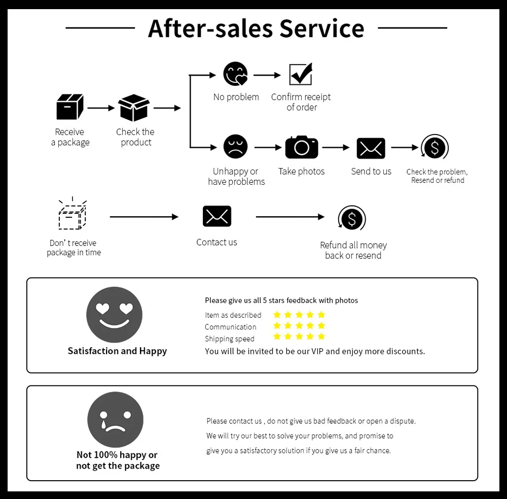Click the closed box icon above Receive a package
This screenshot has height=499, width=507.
[69, 107]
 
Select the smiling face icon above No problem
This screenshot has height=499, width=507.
[236, 75]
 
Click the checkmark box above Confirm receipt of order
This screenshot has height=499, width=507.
[301, 75]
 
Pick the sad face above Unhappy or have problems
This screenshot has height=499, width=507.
[236, 147]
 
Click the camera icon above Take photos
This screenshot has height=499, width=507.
[302, 147]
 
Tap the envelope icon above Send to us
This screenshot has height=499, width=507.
[371, 148]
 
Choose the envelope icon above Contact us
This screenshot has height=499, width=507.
[217, 216]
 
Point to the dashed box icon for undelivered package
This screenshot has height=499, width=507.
[72, 215]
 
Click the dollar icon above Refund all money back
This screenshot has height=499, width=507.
[352, 219]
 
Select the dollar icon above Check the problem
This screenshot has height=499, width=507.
[435, 148]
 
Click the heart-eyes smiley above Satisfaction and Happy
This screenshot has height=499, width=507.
[115, 315]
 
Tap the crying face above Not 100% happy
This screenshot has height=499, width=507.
[116, 420]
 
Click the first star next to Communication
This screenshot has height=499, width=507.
[277, 326]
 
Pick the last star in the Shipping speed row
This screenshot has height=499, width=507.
[321, 337]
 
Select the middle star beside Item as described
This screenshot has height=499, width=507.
[299, 315]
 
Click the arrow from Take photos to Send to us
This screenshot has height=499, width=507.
[336, 148]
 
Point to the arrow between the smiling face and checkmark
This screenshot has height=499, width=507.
[267, 75]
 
